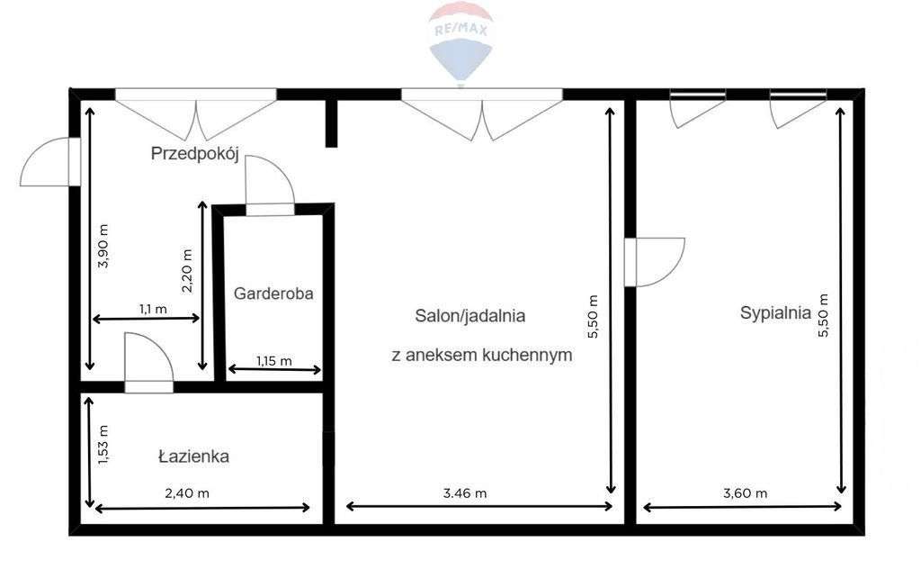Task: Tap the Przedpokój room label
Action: point(193,154)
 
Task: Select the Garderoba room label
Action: point(273,293)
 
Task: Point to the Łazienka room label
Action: point(193,456)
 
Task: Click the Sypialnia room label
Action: point(775,313)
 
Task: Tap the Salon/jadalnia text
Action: point(469,316)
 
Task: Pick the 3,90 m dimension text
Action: point(103,246)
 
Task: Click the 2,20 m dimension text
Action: point(188,272)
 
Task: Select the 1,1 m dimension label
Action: point(152,309)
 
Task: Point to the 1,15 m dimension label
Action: point(273,361)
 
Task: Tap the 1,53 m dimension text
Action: point(103,445)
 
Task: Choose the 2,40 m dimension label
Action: point(187,492)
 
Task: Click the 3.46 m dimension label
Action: point(465,492)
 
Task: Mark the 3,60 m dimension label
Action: point(745,492)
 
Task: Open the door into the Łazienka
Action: point(148,363)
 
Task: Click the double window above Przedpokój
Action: point(196,113)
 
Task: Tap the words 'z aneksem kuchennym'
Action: point(482,355)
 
